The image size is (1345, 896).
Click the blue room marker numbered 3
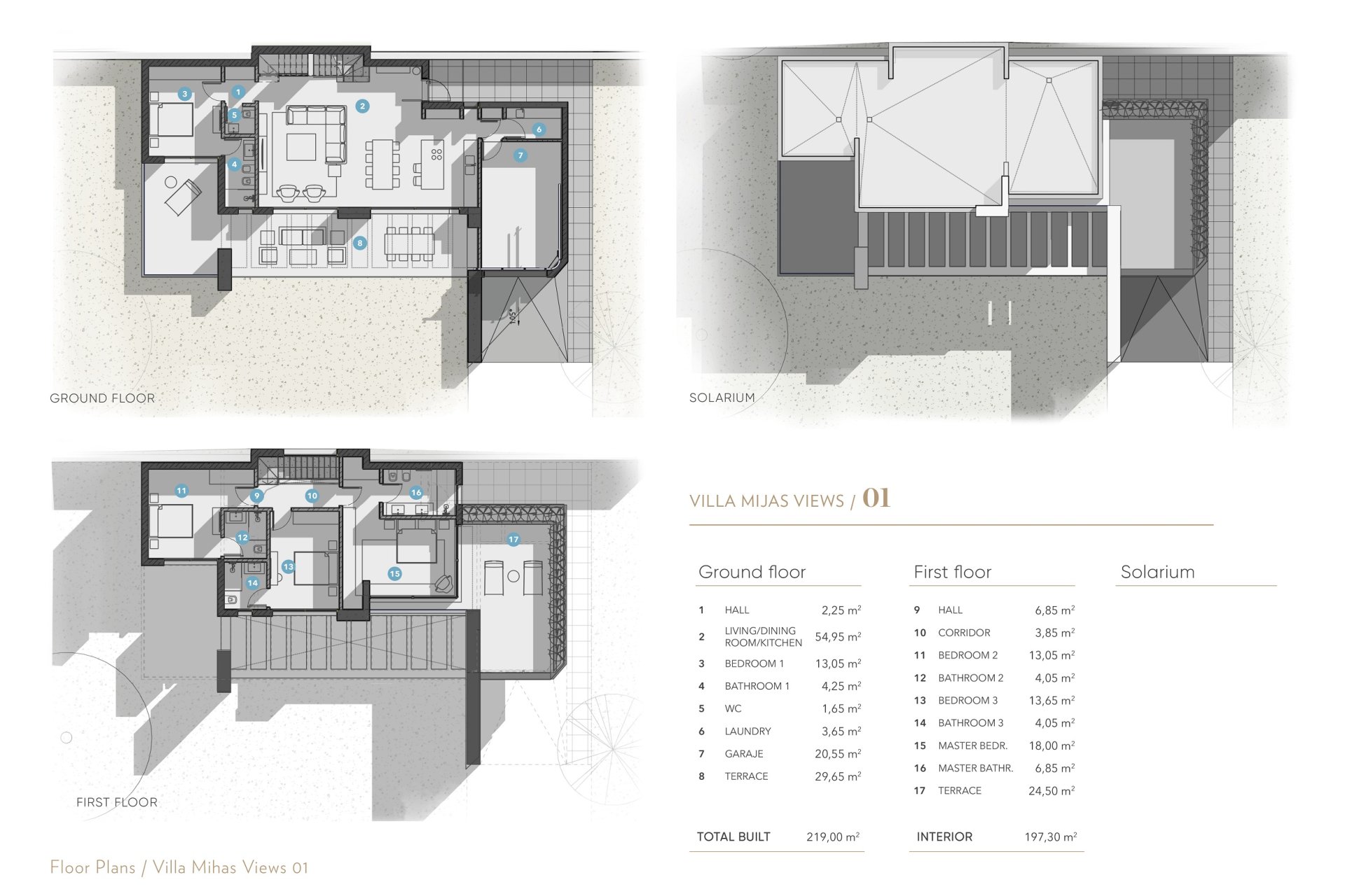(184, 94)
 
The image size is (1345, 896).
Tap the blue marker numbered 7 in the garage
(520, 155)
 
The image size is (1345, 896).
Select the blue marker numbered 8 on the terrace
(359, 243)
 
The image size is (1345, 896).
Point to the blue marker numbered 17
(513, 540)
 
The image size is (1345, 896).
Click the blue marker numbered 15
(394, 574)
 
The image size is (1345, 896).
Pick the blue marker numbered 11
(181, 491)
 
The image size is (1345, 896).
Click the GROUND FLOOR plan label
(102, 398)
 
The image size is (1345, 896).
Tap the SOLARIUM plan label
(722, 398)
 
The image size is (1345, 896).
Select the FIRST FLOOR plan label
(117, 802)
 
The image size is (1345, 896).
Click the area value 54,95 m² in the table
(838, 637)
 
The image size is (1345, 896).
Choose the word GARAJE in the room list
(744, 754)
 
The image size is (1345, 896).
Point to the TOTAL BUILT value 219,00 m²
(833, 836)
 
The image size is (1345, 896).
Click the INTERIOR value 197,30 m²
(1051, 836)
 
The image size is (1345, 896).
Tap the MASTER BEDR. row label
(972, 745)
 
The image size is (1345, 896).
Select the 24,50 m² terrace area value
(1051, 791)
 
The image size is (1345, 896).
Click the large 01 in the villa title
(876, 498)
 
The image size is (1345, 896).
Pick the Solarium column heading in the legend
(1157, 572)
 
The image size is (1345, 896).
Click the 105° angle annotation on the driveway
(513, 316)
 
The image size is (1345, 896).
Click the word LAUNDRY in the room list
(747, 731)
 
